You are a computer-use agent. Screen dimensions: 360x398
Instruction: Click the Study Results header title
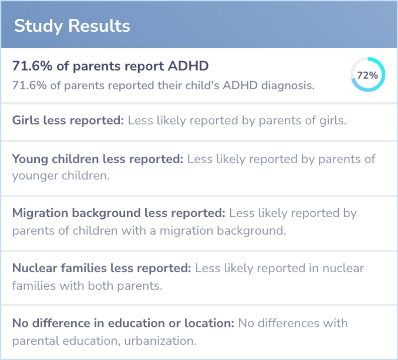click(x=72, y=26)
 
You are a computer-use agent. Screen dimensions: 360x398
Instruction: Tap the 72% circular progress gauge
click(x=367, y=75)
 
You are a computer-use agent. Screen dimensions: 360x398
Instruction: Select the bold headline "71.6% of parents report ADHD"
click(x=111, y=66)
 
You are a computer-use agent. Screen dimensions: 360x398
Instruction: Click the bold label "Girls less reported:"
click(x=68, y=121)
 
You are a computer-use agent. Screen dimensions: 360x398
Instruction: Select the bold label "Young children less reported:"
click(x=98, y=159)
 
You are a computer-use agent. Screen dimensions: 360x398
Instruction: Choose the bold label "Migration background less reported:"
click(x=119, y=213)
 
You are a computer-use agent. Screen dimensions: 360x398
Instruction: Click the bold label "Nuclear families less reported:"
click(x=102, y=268)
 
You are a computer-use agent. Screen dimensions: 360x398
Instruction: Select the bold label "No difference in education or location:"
click(x=123, y=323)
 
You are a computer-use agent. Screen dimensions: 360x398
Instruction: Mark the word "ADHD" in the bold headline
click(x=188, y=66)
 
